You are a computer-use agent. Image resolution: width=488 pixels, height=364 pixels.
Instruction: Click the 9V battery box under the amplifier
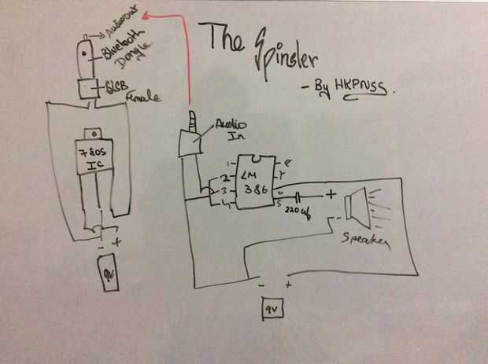[x=271, y=308]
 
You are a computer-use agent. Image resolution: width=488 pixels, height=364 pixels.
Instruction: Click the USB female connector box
[x=86, y=87]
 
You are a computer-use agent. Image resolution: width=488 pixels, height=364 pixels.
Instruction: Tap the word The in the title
[x=224, y=39]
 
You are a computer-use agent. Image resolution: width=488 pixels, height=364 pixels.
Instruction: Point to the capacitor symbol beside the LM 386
[x=300, y=197]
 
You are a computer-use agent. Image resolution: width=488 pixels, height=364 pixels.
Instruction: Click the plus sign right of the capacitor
[x=331, y=193]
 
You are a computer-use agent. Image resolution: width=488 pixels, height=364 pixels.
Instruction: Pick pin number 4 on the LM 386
[x=227, y=206]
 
